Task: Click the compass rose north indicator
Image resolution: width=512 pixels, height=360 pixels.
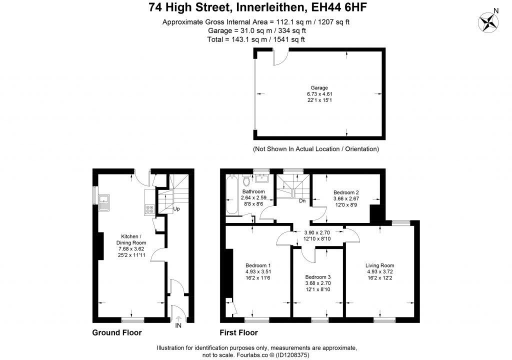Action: pos(488,22)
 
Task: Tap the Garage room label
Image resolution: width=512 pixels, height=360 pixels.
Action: pos(319,87)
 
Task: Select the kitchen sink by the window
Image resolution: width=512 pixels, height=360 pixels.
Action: pos(104,202)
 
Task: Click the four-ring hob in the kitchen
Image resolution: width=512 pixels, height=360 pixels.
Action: pos(149,209)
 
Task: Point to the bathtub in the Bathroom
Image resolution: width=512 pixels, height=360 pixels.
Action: pos(232,194)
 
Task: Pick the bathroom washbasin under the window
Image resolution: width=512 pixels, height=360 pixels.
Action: pos(261,178)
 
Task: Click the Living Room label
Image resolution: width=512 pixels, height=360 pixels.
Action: pos(380,265)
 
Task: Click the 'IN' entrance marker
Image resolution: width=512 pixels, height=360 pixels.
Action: pos(178,325)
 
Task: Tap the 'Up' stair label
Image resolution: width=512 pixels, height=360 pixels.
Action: pos(176,208)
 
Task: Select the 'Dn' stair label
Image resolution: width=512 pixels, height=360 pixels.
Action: pos(302,200)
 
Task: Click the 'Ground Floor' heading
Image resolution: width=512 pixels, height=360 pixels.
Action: pos(117,332)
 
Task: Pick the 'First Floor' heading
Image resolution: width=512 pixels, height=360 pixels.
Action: pos(238,332)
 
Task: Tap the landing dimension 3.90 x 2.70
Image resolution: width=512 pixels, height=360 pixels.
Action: pos(317,232)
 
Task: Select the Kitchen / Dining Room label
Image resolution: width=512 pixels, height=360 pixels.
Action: pos(131,239)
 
